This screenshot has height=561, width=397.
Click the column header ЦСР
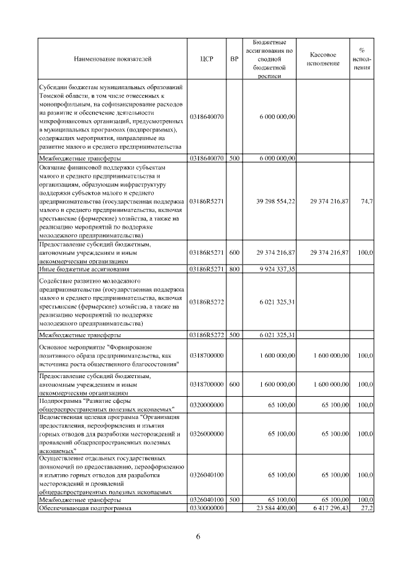(x=207, y=60)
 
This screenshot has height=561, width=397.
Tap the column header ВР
(x=234, y=60)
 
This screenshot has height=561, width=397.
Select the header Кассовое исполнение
(x=323, y=60)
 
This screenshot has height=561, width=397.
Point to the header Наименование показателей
(x=112, y=60)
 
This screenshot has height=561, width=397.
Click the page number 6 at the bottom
(x=198, y=536)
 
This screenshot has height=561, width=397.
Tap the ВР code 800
(x=234, y=270)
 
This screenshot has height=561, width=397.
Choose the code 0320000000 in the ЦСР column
(x=207, y=404)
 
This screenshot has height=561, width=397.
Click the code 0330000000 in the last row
(x=207, y=508)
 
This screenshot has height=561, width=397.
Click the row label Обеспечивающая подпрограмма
(x=86, y=508)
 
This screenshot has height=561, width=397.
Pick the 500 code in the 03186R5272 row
(x=234, y=335)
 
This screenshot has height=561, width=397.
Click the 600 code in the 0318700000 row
(x=234, y=384)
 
